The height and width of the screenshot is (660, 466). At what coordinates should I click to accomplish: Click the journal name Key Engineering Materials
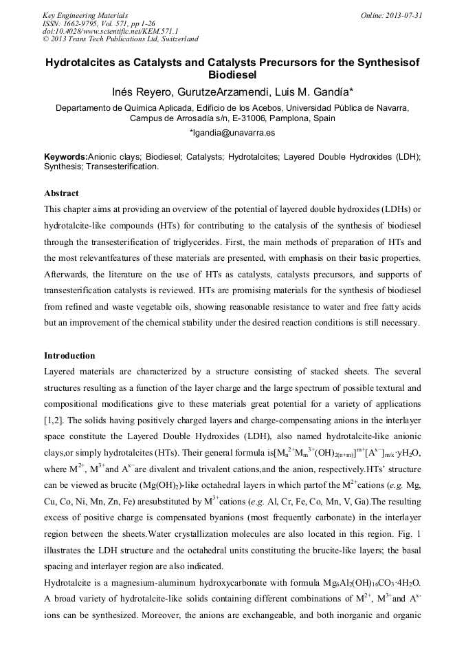tap(85, 15)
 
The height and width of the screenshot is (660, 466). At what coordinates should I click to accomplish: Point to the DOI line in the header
tap(110, 31)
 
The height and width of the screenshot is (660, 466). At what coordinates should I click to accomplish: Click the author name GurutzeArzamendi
tap(222, 92)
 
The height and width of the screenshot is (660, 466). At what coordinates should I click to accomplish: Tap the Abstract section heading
tap(61, 193)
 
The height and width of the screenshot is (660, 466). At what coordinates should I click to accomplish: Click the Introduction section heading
tap(69, 356)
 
